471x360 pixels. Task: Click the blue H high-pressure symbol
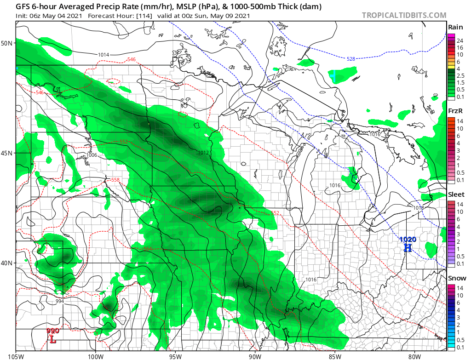point(408,248)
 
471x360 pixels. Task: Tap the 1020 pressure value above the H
point(408,239)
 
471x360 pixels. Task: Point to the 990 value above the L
point(53,331)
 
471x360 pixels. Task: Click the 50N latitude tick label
point(8,43)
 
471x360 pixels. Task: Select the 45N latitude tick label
point(8,153)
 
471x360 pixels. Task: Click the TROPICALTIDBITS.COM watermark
point(404,15)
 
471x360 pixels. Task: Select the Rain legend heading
point(455,27)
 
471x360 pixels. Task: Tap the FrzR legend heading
point(456,111)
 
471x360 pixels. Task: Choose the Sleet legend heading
point(456,194)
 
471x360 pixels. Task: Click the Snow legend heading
point(457,278)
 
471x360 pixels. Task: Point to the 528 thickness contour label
point(351,58)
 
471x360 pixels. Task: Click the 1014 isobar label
point(103,55)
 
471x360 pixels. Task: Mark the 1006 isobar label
point(92,155)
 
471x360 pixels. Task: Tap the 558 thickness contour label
point(115,180)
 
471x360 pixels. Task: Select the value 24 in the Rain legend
point(460,40)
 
